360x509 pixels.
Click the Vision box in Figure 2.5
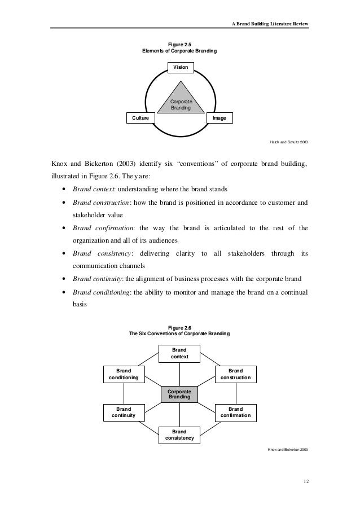(180, 67)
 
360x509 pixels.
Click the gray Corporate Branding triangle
(180, 102)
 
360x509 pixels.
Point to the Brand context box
(179, 354)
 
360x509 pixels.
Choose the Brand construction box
(236, 374)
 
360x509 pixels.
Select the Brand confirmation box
(236, 413)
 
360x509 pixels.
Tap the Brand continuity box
(123, 413)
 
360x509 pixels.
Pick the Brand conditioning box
(123, 374)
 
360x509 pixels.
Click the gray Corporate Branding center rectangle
(179, 394)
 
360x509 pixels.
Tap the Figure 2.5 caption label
(180, 44)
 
